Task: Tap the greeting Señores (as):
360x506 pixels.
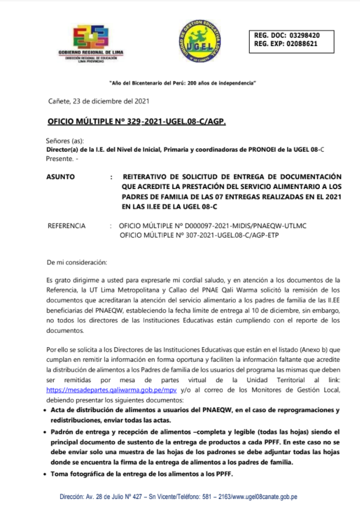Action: pyautogui.click(x=65, y=141)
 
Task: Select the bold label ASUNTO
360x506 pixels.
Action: pyautogui.click(x=60, y=176)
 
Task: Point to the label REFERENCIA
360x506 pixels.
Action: pyautogui.click(x=67, y=225)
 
